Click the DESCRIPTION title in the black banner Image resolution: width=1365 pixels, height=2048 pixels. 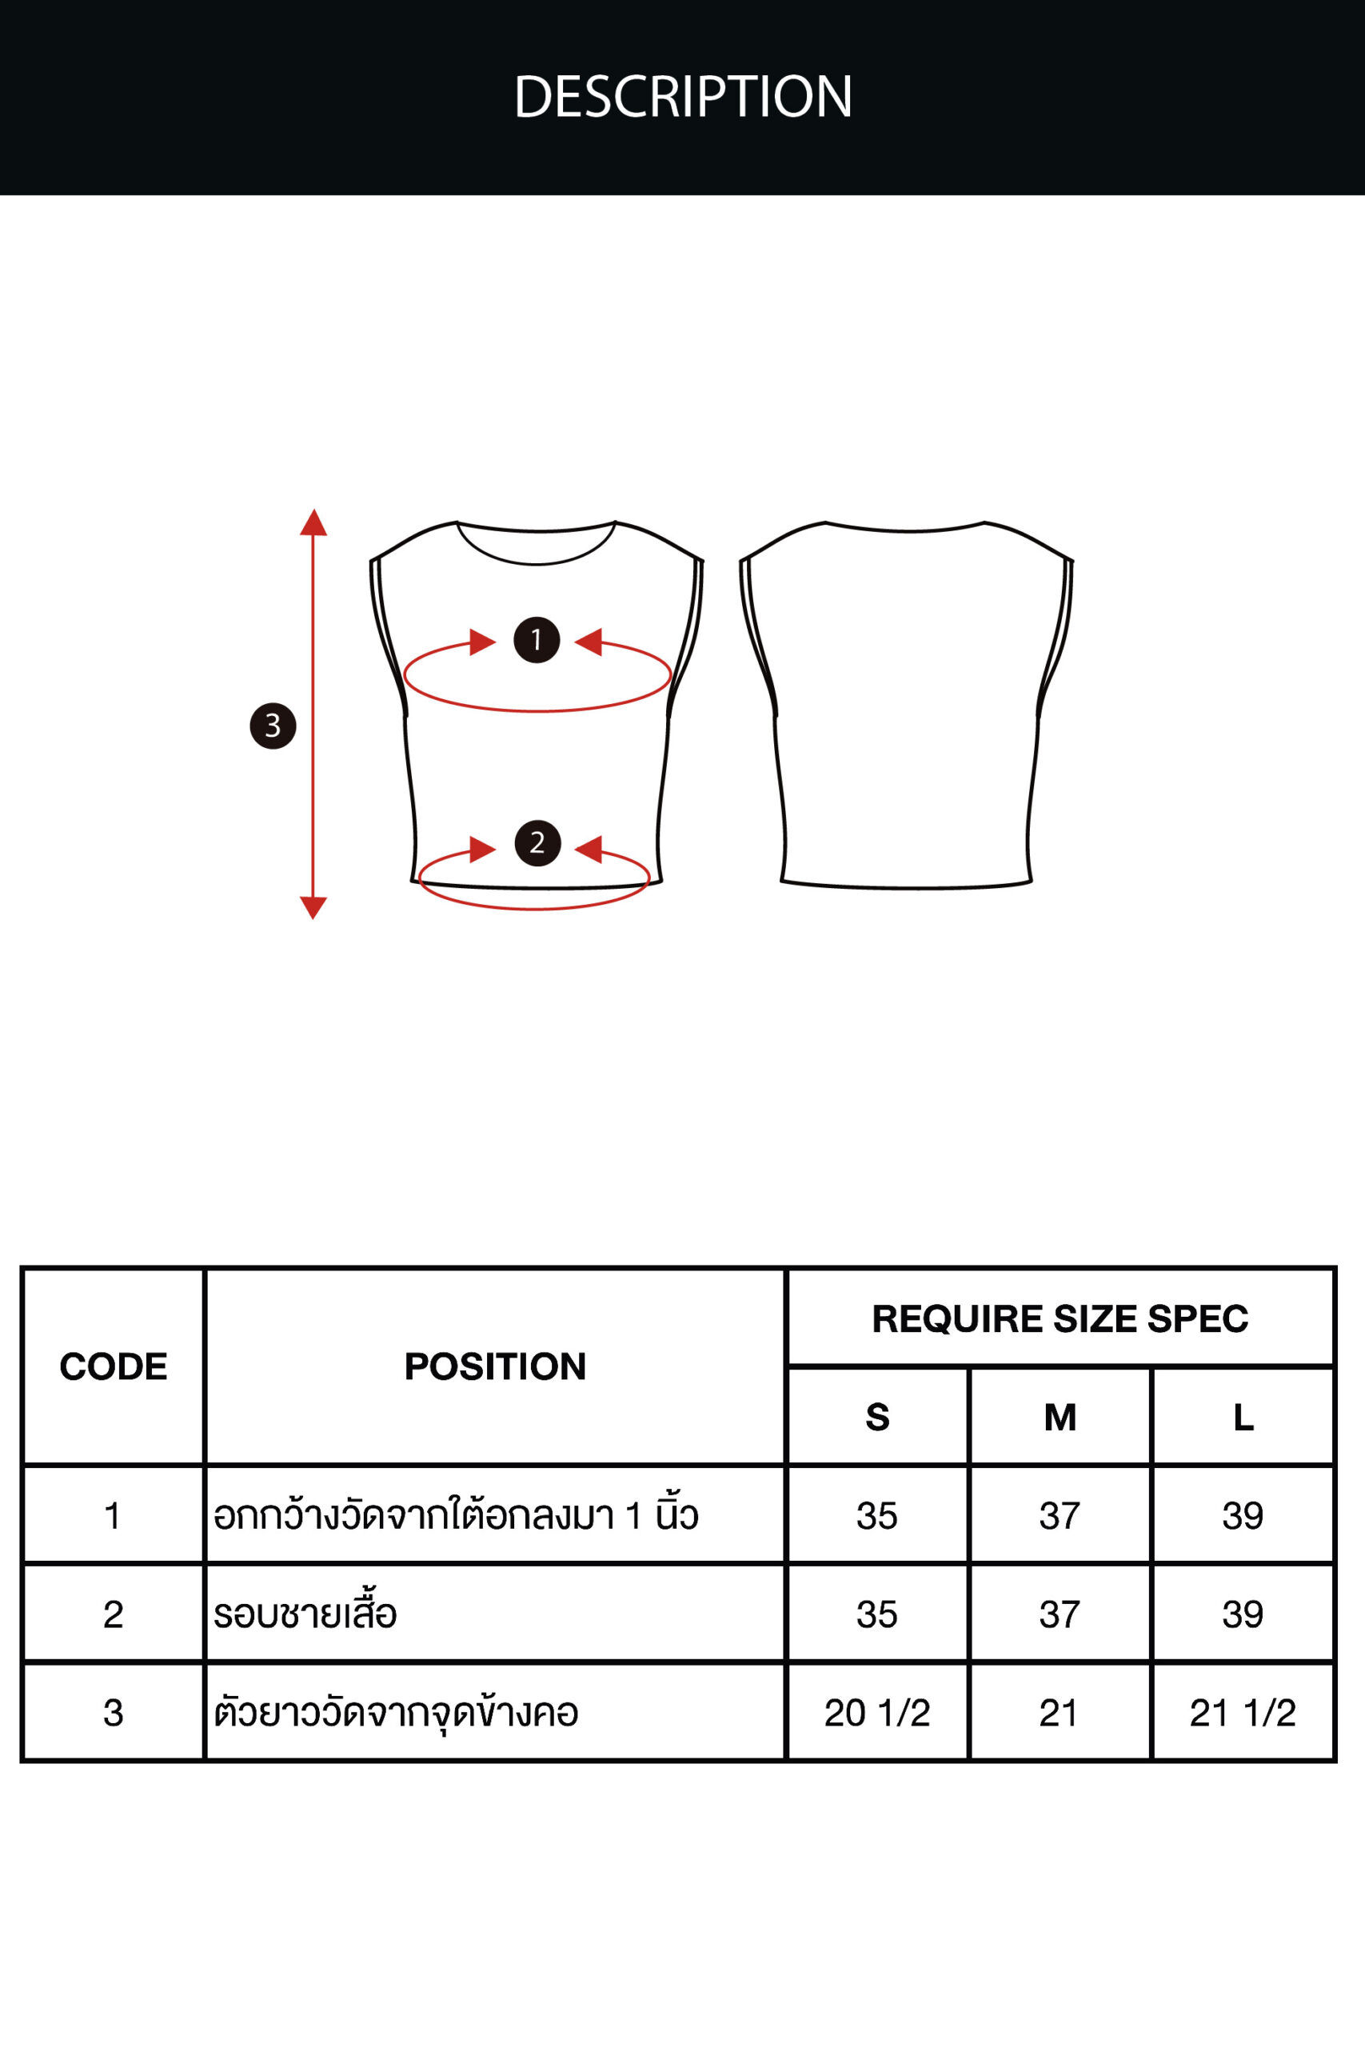coord(683,96)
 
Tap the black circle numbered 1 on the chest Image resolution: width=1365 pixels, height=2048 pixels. coord(537,640)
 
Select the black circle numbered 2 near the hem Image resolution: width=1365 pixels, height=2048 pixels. coord(537,843)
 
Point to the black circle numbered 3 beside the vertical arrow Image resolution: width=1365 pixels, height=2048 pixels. coord(273,726)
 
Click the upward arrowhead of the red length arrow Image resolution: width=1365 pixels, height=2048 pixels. coord(313,522)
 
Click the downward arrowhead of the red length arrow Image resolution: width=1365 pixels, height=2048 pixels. coord(313,907)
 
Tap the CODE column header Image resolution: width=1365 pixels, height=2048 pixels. coord(114,1366)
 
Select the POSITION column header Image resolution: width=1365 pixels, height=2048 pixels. coord(495,1366)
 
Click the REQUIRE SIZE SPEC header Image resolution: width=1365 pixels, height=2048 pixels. coord(1060,1318)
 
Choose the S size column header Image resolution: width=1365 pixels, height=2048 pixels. coord(877,1418)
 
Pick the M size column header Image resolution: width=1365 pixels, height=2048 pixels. coord(1060,1418)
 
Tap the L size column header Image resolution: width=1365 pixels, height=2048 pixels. coord(1243,1418)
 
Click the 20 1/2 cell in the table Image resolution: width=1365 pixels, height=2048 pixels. coord(877,1713)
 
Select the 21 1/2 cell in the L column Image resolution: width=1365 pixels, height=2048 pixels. coord(1243,1713)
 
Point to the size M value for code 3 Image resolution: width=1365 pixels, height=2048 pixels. coord(1059,1713)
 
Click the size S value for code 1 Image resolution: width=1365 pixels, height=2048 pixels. coord(876,1516)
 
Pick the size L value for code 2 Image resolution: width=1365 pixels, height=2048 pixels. coord(1243,1614)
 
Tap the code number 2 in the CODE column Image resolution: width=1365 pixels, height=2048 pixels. coord(114,1614)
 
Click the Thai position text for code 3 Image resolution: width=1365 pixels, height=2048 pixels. coord(396,1713)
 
